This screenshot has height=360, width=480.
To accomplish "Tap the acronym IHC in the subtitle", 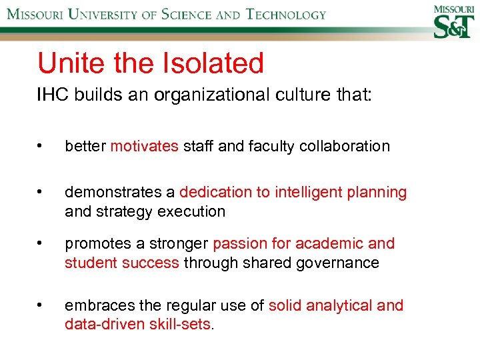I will pos(52,95).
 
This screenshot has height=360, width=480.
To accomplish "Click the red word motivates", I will pos(144,146).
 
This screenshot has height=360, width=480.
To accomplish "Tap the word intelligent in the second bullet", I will pos(305,193).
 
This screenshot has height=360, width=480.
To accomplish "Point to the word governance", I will pos(338,263).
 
